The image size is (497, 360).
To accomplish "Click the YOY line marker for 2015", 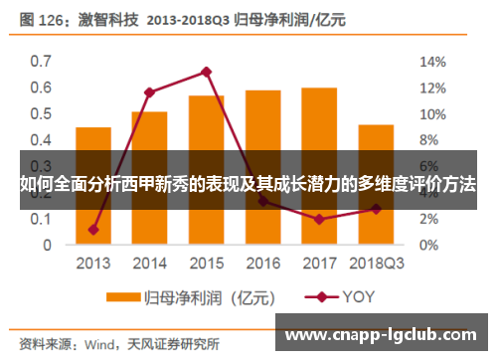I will click(x=206, y=72).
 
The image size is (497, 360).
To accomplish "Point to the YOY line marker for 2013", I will click(x=93, y=230).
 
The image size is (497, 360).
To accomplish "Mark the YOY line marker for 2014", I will click(x=149, y=92).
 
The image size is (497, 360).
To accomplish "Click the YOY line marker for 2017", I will click(x=319, y=219).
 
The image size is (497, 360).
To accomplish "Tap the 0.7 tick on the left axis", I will click(x=40, y=62).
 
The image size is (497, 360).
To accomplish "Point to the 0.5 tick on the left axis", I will click(x=40, y=113).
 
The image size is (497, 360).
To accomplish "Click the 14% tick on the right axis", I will click(x=434, y=62).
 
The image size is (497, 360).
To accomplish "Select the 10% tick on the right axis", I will click(x=434, y=113).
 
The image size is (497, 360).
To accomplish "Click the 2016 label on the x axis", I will click(x=262, y=264).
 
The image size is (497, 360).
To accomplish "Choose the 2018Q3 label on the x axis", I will click(x=377, y=264).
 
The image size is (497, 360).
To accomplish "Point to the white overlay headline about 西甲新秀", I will click(x=248, y=184).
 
